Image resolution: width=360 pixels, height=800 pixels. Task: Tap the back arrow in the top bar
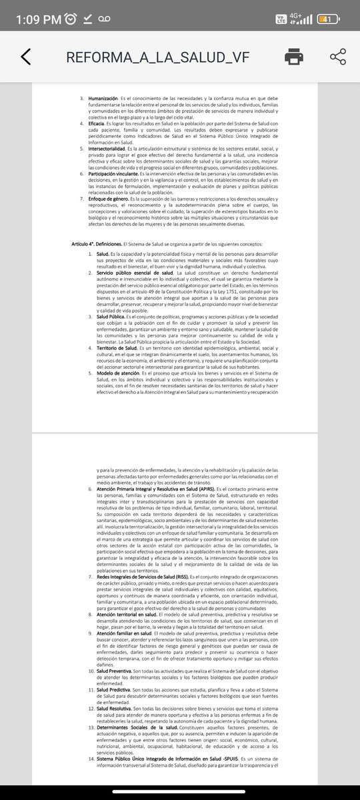coord(25,57)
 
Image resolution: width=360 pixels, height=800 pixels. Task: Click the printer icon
coord(295,57)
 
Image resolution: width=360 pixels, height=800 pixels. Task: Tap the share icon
coord(338,57)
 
